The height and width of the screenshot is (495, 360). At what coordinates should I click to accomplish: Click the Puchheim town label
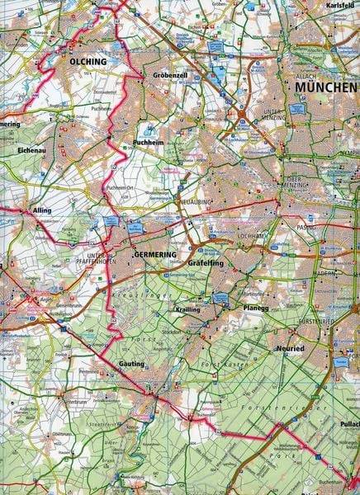coord(150,143)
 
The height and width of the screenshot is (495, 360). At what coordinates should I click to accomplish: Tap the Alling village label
coord(18,210)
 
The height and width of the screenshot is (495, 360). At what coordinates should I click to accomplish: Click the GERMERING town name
coord(154,252)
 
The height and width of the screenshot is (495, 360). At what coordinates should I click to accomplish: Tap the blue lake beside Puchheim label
coord(150,130)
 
